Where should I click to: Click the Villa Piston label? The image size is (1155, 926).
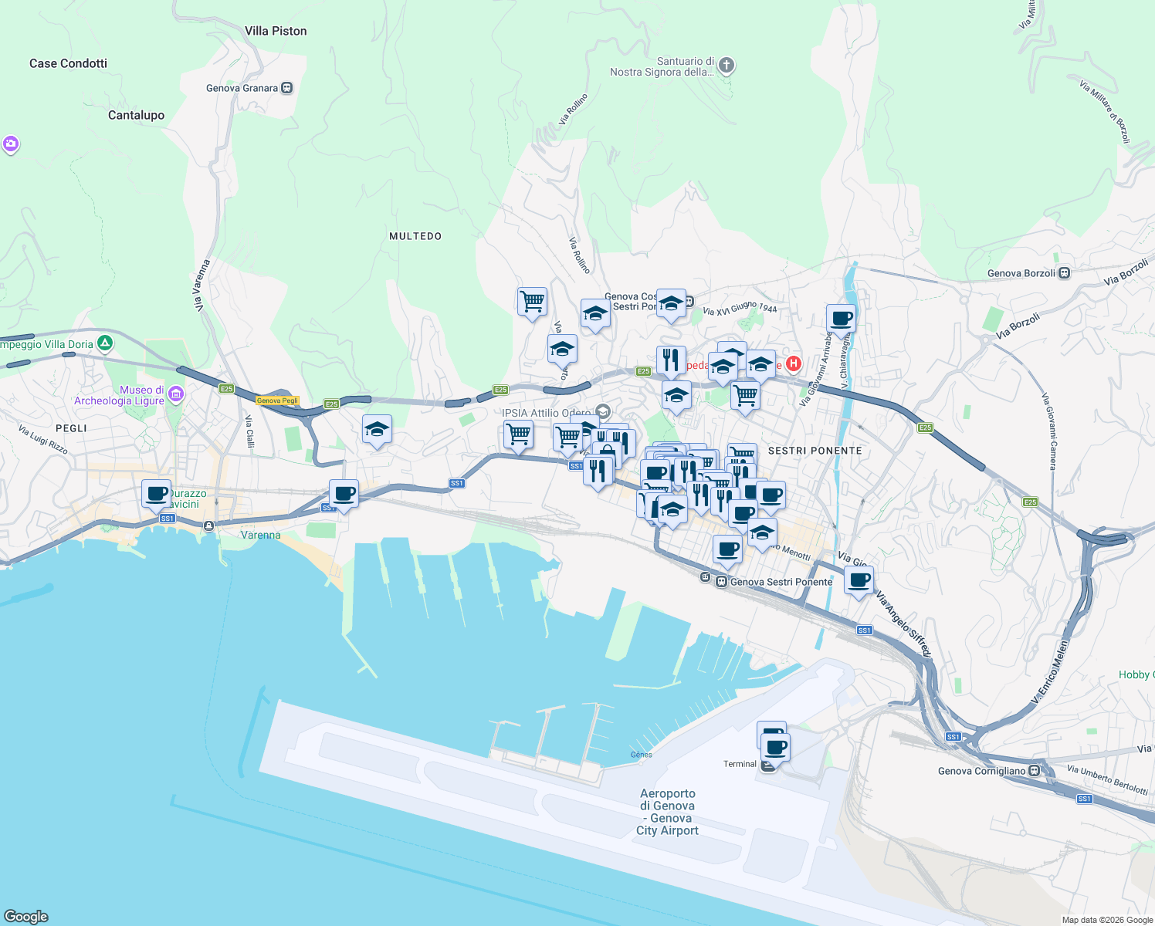point(276,31)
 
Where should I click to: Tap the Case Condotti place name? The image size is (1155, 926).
point(68,63)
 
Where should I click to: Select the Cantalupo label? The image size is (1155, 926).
point(136,115)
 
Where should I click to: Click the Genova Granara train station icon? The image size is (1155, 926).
point(287,88)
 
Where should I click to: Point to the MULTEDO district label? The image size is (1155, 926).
point(415,236)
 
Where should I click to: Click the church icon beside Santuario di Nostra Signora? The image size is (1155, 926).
point(726,66)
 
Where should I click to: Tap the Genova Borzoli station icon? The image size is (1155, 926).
point(1065,273)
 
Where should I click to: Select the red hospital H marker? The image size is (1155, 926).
point(793,363)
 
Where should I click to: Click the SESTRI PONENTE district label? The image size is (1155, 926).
point(815,451)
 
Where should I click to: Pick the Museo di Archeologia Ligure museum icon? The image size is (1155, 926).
point(176,394)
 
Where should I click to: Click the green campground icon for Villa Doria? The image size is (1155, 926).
point(105,343)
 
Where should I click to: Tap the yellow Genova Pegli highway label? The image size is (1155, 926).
point(277,400)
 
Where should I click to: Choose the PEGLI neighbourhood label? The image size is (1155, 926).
point(71,428)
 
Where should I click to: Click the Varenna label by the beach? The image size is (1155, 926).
point(260,535)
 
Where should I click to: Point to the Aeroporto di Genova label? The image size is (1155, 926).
point(668,812)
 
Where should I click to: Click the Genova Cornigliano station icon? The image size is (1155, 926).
point(1035,770)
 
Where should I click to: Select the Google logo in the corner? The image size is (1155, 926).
point(26,917)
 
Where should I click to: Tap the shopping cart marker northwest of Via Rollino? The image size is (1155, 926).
point(532,301)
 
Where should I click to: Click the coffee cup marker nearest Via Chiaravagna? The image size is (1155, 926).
point(841,317)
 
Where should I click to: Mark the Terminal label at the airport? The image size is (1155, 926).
point(740,764)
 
